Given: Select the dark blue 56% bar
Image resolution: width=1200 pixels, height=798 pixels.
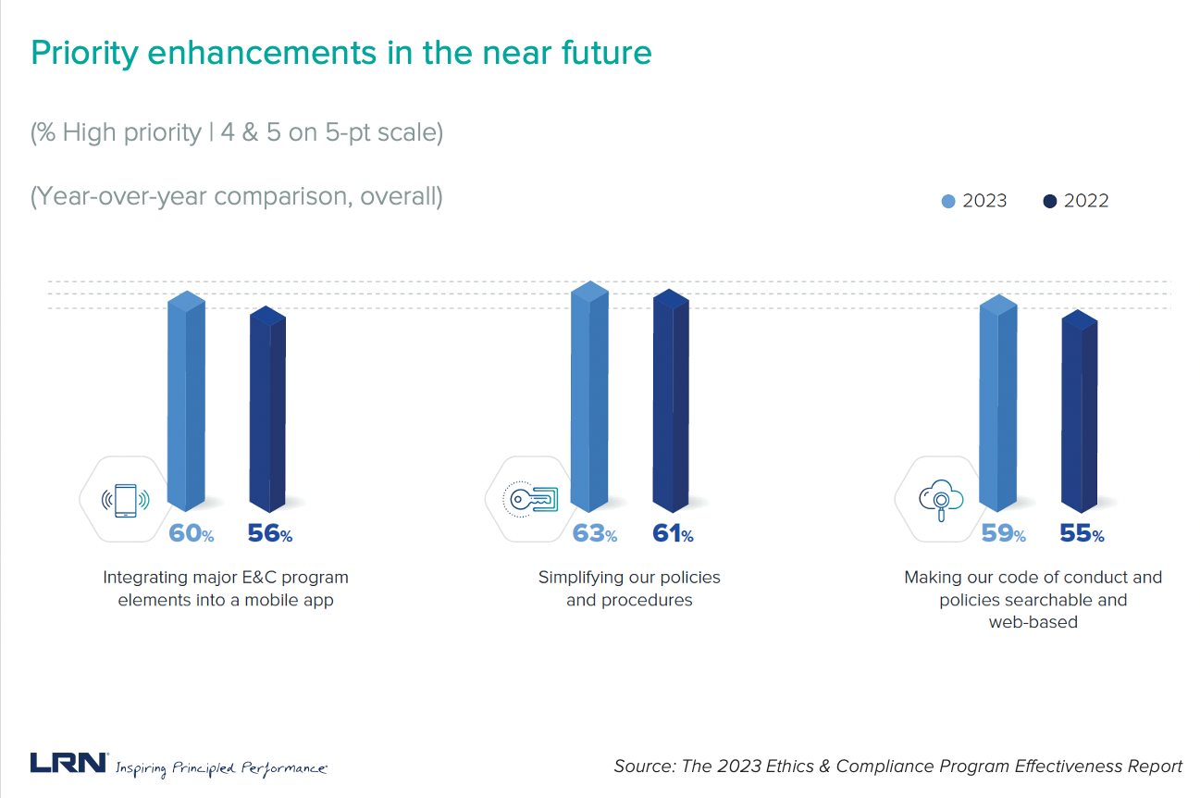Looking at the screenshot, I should [267, 412].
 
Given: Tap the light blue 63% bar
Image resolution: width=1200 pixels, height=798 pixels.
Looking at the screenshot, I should [590, 398].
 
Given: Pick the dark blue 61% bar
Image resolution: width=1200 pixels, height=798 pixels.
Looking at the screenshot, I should [672, 403].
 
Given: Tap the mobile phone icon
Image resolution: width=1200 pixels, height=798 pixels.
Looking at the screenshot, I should [125, 501].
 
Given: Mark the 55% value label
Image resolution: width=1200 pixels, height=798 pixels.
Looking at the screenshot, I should [1082, 534].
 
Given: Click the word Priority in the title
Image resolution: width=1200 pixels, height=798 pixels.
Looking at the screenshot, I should [83, 53].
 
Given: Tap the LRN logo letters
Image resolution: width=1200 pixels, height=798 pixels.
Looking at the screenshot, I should [68, 763].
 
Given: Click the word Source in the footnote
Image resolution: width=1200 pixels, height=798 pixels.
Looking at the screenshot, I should [644, 766].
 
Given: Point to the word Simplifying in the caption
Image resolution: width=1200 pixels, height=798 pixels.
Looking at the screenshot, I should [582, 577].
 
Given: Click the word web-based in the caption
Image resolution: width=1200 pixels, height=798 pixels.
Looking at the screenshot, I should [1033, 622].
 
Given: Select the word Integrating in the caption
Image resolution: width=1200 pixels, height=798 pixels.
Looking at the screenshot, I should [143, 577].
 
